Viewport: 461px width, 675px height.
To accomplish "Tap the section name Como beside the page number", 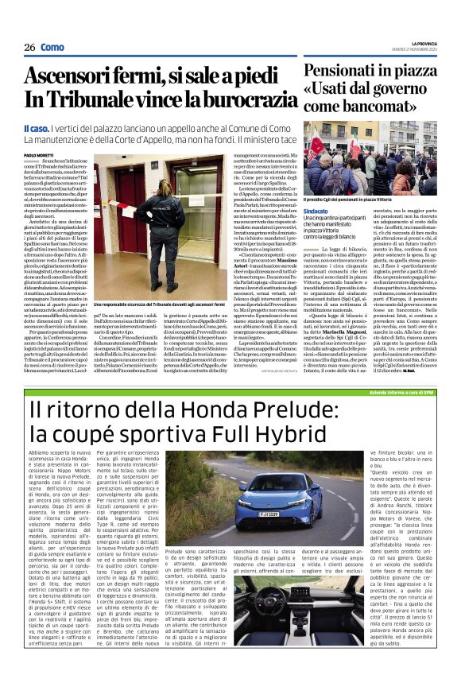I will tap(53, 48).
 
